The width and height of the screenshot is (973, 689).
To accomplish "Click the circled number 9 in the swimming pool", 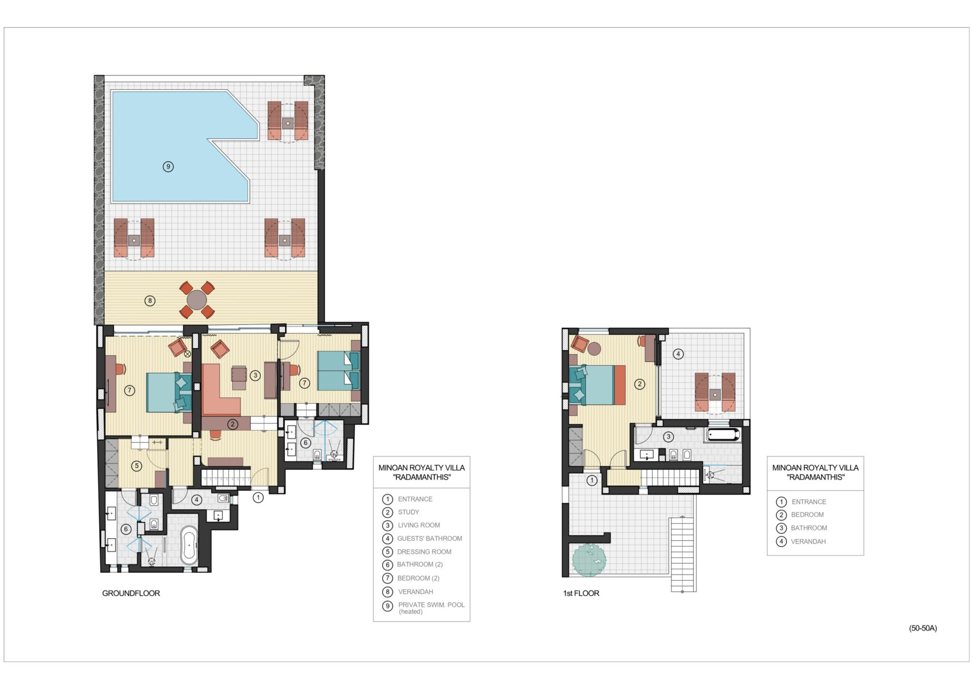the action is (168, 166).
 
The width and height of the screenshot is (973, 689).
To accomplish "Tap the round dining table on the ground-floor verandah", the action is (197, 300).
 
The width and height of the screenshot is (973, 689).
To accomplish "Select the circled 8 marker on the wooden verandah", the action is (150, 301).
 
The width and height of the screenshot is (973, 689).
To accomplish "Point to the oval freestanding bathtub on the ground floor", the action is (189, 545).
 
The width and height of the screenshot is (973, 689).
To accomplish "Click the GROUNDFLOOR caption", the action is (131, 593).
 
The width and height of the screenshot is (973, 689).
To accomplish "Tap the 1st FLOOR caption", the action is (581, 593).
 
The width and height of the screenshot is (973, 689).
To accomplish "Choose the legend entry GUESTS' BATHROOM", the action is (429, 538).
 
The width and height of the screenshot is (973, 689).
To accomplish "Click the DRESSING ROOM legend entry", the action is (424, 552).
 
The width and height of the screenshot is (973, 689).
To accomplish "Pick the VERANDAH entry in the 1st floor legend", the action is (808, 541).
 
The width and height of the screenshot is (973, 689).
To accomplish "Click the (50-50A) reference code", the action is (923, 628).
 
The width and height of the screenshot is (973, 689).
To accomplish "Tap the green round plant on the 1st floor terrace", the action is (589, 560).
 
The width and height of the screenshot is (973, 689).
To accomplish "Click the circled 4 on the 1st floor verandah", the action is (678, 354).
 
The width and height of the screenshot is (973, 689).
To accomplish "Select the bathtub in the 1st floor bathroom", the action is (723, 435).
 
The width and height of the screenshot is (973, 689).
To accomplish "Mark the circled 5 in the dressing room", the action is (136, 466).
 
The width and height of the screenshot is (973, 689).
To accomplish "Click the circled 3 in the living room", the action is (255, 375).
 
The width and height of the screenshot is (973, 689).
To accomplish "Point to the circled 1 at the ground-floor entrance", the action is (258, 497).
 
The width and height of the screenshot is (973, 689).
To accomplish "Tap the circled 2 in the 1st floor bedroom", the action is (639, 384).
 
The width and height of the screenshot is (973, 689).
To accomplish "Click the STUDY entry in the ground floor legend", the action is (409, 512).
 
